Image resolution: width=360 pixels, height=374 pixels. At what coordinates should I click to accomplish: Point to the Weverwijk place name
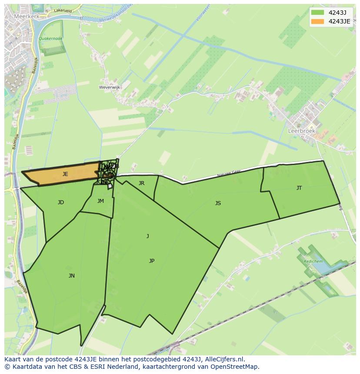tap(110, 87)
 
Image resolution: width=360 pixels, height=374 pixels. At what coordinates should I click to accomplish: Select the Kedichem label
tap(313, 261)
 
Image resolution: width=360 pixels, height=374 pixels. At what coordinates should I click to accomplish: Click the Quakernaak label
tap(50, 39)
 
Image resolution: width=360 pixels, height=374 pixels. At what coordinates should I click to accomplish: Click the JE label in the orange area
tap(65, 174)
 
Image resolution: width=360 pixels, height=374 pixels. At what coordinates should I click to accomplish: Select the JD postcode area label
tap(61, 202)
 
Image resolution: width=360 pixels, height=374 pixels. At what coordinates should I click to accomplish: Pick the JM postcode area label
tap(100, 201)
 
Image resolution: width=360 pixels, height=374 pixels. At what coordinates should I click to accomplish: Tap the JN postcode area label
tap(72, 275)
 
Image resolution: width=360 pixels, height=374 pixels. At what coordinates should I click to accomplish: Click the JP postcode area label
tap(152, 261)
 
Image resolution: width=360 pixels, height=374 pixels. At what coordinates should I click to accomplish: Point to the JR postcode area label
tap(141, 183)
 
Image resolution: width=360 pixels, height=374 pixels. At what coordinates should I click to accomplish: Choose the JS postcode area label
tap(218, 203)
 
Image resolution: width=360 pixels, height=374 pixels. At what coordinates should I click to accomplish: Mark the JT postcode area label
tap(299, 188)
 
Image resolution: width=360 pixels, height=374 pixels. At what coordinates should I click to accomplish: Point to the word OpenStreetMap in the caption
tap(235, 367)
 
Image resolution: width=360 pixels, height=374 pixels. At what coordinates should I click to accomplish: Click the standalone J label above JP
tap(148, 236)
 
